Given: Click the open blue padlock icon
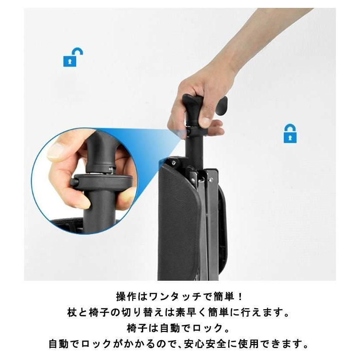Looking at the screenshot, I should click(73, 57).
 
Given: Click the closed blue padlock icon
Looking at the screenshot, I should click(289, 133).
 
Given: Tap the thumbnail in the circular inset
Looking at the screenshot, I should click(56, 151).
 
